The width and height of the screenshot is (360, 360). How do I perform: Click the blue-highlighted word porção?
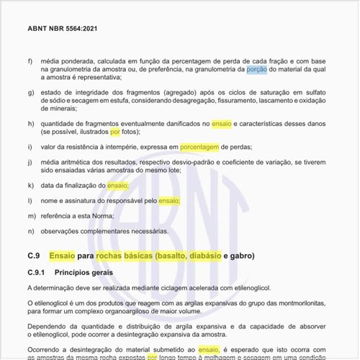tap(256, 69)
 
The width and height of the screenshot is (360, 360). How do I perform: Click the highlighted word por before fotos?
tap(115, 132)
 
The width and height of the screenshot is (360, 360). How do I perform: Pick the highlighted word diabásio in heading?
tap(204, 256)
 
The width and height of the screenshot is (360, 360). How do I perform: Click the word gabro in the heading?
tap(244, 256)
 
